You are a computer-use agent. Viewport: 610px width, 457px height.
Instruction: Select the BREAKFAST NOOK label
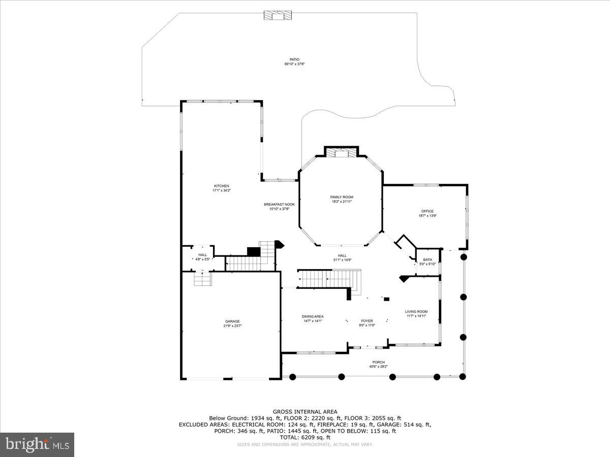coord(279,204)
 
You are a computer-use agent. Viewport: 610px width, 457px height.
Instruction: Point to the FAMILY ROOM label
coord(342,197)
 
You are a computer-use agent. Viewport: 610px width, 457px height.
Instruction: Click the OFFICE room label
coord(427,211)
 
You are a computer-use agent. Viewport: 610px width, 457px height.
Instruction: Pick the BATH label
coord(427,259)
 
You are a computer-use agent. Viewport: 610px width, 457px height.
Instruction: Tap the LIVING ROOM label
coord(416,312)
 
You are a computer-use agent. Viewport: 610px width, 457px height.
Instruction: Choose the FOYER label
coord(367,321)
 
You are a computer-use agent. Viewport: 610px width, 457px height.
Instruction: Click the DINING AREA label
coord(312,316)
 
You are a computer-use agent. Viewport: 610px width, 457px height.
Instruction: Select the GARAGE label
coord(232,321)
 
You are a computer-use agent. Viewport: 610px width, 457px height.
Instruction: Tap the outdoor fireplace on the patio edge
coord(278,16)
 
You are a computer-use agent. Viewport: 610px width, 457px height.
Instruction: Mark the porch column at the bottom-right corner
coord(463,376)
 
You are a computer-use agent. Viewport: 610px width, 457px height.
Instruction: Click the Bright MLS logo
coord(37,445)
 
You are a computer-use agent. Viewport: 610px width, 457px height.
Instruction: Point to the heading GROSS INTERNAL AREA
coord(305,412)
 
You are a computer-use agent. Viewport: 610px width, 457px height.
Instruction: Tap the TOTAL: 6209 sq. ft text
coord(305,437)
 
